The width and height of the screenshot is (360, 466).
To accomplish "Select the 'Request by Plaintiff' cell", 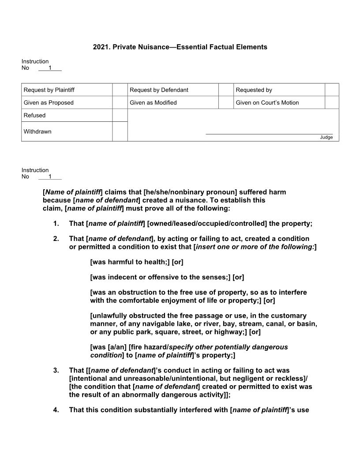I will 49,90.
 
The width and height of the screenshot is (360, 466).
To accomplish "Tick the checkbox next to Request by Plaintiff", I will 120,90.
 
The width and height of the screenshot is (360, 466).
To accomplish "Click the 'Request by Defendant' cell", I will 159,90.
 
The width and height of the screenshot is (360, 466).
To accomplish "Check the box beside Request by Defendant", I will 226,90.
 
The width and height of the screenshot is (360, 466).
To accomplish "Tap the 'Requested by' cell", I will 254,90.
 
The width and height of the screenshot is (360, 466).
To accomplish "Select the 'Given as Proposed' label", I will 49,103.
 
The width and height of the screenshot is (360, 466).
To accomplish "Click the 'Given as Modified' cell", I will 153,103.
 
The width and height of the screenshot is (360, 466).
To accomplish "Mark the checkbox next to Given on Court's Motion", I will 332,103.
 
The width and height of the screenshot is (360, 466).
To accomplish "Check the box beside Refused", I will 120,115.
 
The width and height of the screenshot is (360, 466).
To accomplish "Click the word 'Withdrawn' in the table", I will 37,132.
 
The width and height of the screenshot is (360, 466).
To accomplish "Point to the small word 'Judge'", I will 326,137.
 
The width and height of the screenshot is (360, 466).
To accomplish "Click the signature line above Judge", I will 269,133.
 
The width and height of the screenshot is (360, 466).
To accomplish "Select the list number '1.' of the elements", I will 56,224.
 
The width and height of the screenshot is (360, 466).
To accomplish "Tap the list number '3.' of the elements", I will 56,371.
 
